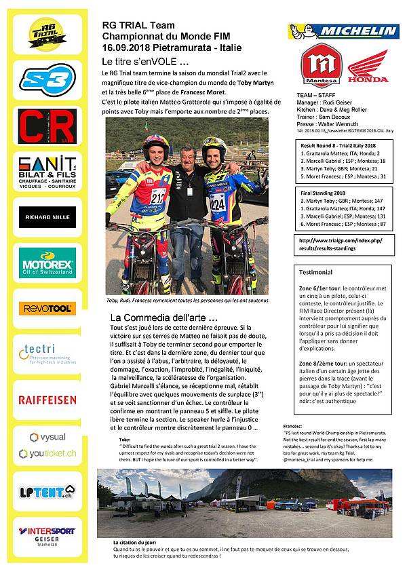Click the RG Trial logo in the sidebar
pos(46,33)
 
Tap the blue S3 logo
pos(46,80)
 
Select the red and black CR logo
pos(46,126)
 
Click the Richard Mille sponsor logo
pos(46,218)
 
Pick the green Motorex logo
pos(46,263)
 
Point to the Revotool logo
pos(46,309)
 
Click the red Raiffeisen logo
pos(46,400)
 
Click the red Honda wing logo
pos(368,69)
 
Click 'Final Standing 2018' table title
pos(328,193)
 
